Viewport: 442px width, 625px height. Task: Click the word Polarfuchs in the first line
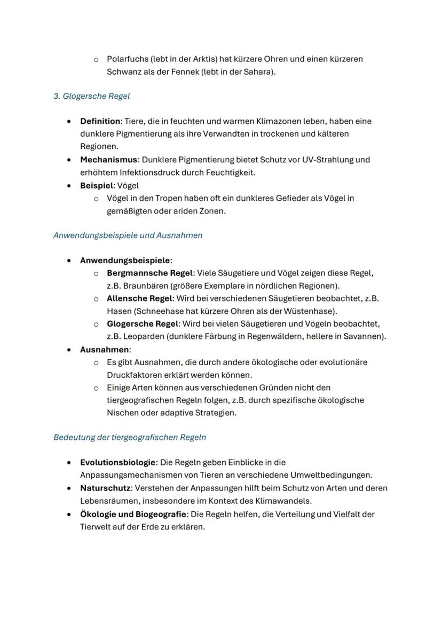pos(128,59)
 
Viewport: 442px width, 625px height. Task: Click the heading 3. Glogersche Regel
pos(91,96)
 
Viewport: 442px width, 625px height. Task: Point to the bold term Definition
pos(100,121)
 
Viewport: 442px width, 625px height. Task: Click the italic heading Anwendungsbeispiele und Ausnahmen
pos(128,235)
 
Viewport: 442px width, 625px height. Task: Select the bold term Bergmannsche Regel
pos(149,273)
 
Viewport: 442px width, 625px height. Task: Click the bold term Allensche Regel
pos(139,298)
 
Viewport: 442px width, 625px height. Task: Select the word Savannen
pos(364,336)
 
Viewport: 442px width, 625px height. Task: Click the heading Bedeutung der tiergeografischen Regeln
pos(130,437)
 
